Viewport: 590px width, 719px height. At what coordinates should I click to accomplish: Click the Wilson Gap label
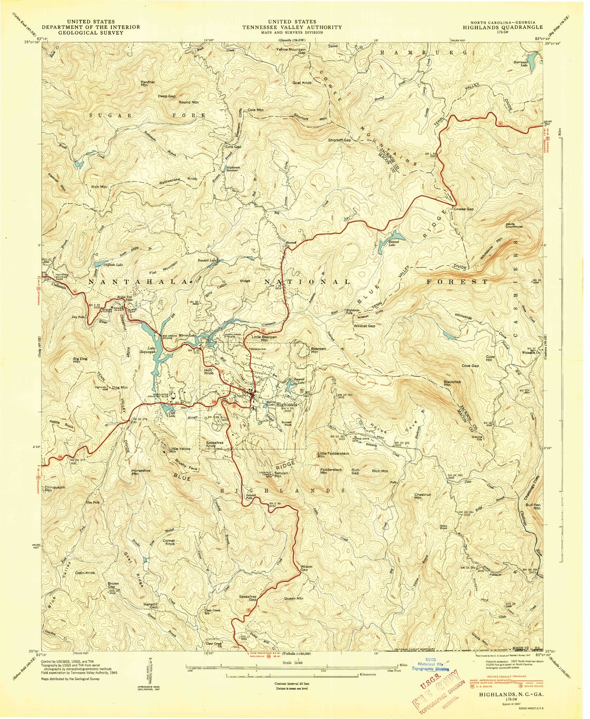pyautogui.click(x=306, y=568)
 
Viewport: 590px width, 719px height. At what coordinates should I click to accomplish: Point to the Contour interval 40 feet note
pyautogui.click(x=291, y=684)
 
